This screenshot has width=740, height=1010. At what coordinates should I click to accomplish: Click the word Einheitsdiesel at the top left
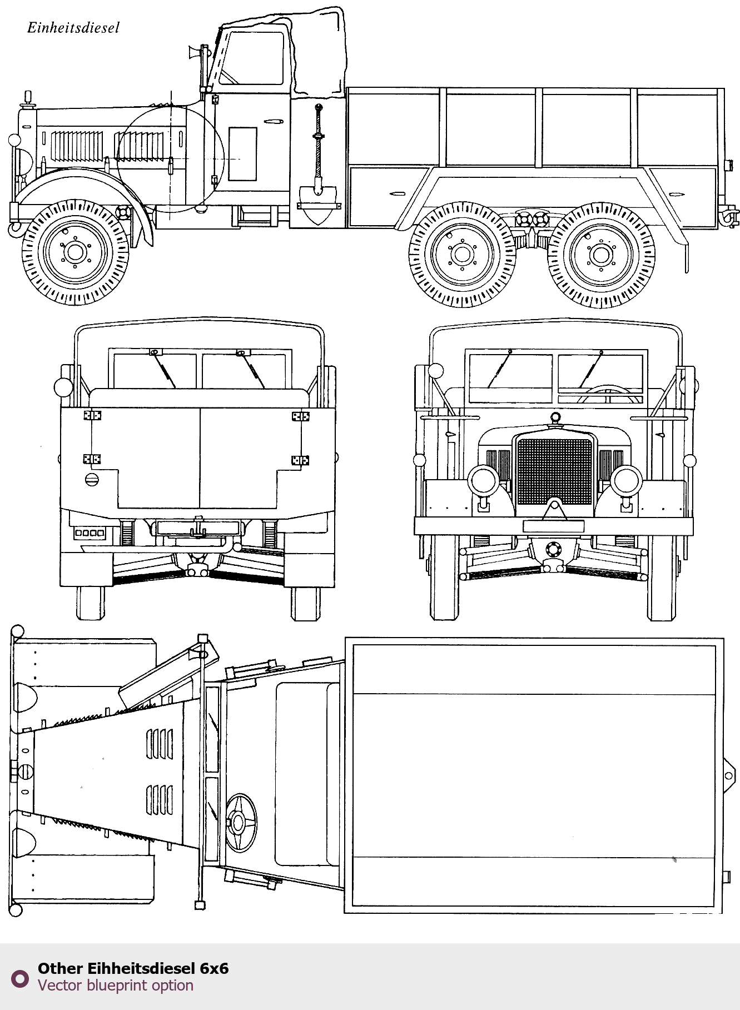(x=73, y=28)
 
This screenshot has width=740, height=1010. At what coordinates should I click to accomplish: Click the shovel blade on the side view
(x=319, y=203)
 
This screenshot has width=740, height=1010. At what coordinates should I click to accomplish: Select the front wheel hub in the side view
(x=75, y=252)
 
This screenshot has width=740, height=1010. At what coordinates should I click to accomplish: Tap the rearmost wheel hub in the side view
(x=600, y=255)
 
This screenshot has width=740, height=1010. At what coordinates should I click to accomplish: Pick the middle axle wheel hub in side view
(x=461, y=255)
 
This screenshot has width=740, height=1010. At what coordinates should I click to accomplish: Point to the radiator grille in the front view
(x=554, y=471)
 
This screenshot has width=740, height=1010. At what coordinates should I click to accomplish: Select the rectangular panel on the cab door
(x=242, y=154)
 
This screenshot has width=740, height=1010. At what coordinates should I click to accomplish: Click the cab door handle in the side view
(x=274, y=121)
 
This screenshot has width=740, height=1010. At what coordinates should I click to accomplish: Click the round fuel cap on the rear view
(x=92, y=479)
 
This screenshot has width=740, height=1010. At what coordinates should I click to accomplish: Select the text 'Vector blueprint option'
(x=116, y=986)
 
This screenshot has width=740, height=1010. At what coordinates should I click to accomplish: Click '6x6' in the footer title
(x=214, y=968)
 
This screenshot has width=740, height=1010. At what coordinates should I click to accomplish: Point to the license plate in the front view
(x=553, y=526)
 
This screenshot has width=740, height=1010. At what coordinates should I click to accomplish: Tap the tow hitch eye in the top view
(x=728, y=776)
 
